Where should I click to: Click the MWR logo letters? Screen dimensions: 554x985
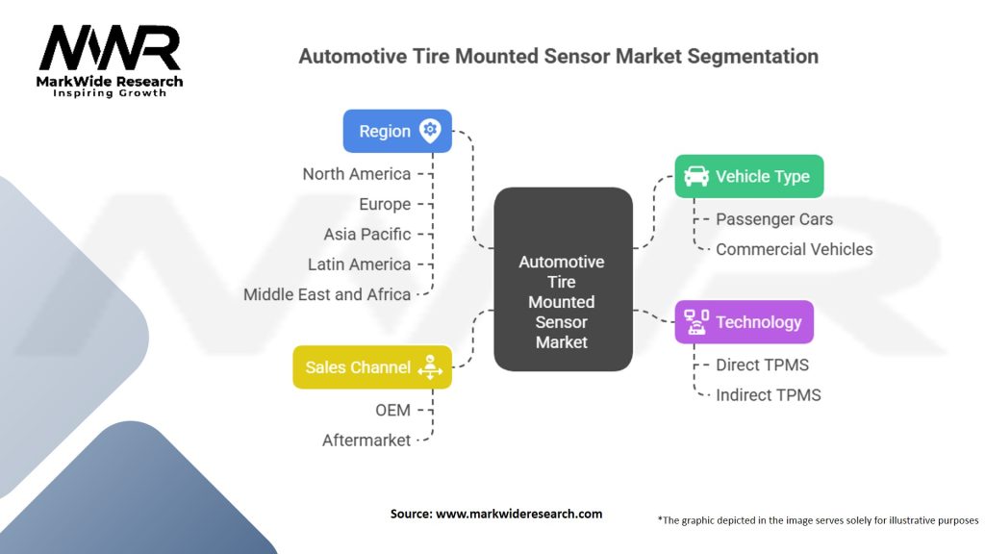pyautogui.click(x=109, y=47)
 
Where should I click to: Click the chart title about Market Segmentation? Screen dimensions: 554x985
pyautogui.click(x=558, y=56)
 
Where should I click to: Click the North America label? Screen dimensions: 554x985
pyautogui.click(x=356, y=174)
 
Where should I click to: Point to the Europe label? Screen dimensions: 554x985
pyautogui.click(x=385, y=204)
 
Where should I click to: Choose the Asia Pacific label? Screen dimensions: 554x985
pyautogui.click(x=367, y=234)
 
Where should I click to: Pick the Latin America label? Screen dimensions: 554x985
pyautogui.click(x=359, y=264)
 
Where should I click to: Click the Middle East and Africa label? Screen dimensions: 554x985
pyautogui.click(x=327, y=294)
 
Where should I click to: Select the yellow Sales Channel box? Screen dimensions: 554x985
pyautogui.click(x=371, y=367)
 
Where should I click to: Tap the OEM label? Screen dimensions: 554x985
pyautogui.click(x=392, y=410)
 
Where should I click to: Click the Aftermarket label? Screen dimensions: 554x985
pyautogui.click(x=366, y=440)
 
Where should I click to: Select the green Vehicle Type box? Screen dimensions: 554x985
pyautogui.click(x=748, y=176)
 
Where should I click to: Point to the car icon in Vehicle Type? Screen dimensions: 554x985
pyautogui.click(x=695, y=176)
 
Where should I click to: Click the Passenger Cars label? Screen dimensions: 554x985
pyautogui.click(x=774, y=219)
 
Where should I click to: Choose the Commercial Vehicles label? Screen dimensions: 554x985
pyautogui.click(x=794, y=249)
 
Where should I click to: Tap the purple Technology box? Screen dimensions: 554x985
pyautogui.click(x=743, y=322)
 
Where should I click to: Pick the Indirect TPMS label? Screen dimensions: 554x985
pyautogui.click(x=768, y=394)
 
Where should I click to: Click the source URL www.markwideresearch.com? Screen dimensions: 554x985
pyautogui.click(x=518, y=514)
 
